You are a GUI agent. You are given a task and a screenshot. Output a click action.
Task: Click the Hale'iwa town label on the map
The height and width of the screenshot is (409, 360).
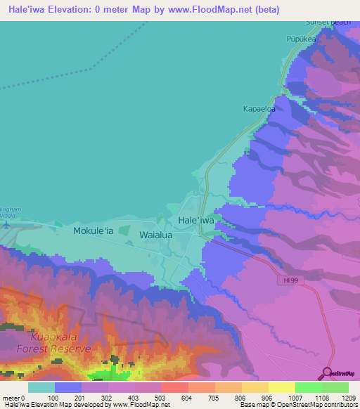point(196,220)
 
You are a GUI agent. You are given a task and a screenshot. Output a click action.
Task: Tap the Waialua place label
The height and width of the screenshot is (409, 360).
point(157,235)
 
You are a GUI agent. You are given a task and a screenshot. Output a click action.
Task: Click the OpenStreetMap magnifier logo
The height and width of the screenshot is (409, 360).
point(328,372)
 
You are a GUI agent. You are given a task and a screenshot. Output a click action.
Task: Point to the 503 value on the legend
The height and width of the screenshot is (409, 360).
point(161,397)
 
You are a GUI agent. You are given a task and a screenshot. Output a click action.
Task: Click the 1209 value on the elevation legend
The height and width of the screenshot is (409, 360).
point(347,397)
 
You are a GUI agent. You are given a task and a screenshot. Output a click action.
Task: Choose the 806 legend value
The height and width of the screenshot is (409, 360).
point(241,397)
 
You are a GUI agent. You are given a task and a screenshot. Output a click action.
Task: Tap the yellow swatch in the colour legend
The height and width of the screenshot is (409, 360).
point(281,387)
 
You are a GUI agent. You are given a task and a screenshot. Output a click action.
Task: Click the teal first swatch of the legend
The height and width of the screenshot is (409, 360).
point(41,387)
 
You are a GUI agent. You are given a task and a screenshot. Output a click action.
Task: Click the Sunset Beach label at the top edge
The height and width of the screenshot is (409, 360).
point(328,22)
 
